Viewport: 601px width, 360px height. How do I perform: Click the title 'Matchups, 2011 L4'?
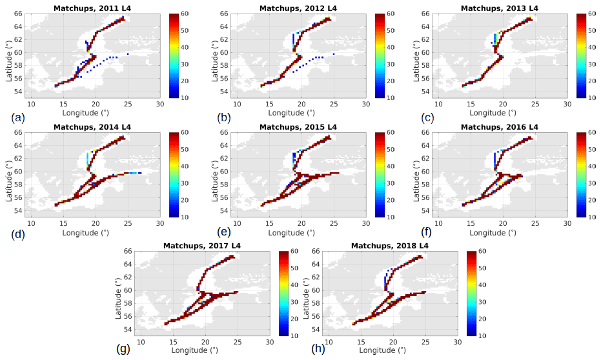(x=94, y=8)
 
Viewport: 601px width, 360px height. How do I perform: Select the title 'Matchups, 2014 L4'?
(x=94, y=127)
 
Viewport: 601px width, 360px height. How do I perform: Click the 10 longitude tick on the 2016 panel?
(x=440, y=223)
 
